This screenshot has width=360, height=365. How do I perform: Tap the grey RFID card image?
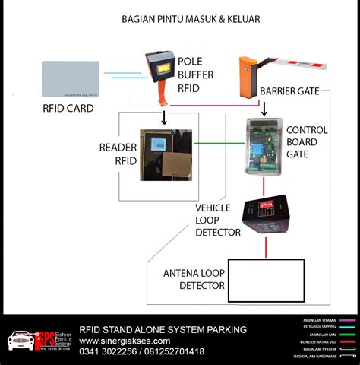tap(71, 79)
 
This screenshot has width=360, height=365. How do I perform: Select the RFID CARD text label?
tap(68, 109)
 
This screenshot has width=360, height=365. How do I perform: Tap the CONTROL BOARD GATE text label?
tap(307, 140)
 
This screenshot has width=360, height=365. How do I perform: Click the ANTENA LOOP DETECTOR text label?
tap(194, 279)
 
